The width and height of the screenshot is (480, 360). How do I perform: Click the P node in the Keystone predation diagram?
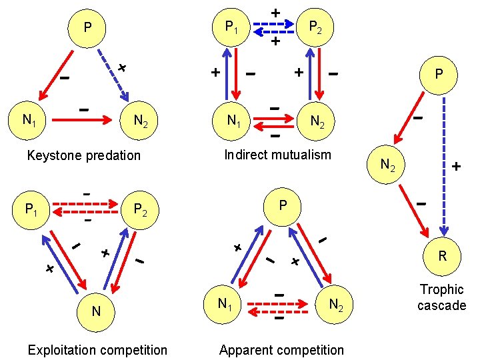click(87, 29)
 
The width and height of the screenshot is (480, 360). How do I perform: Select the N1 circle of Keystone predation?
click(29, 121)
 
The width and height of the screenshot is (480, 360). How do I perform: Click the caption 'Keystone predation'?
click(83, 155)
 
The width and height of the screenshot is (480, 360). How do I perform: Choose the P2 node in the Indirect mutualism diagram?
click(315, 28)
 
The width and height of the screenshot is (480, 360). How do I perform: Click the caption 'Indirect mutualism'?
click(277, 155)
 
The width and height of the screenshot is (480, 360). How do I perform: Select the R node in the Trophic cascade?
click(441, 255)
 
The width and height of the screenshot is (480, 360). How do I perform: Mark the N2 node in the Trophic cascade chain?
click(387, 163)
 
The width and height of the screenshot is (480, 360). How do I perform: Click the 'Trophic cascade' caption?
click(441, 297)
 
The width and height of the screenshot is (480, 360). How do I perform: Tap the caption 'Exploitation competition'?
click(97, 350)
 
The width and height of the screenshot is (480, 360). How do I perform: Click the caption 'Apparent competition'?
click(281, 350)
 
